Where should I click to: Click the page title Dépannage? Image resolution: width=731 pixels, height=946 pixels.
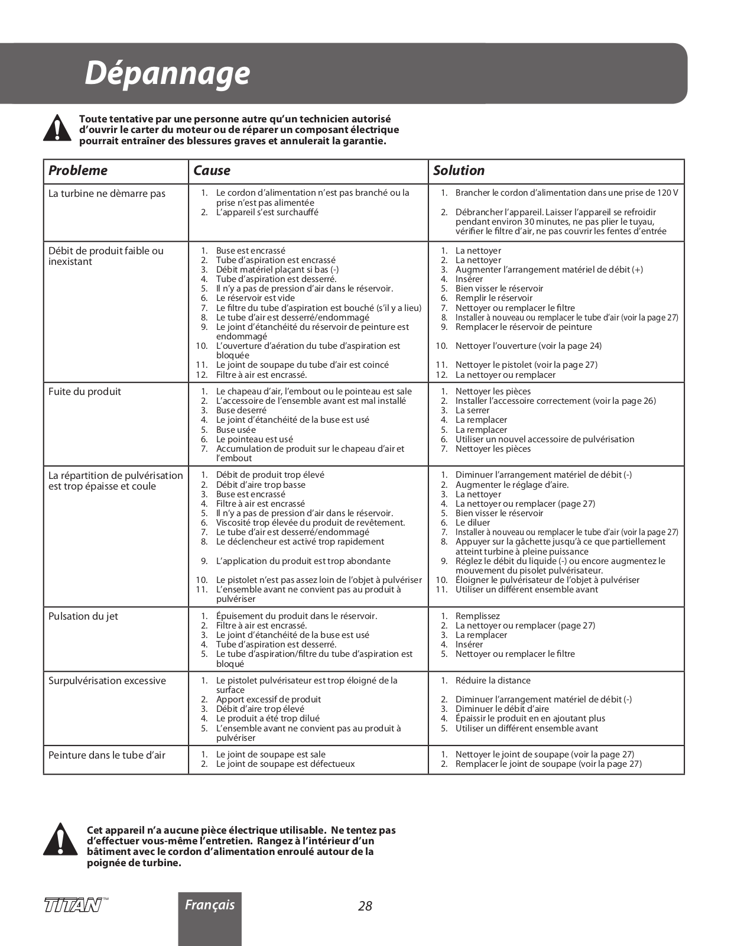(x=167, y=74)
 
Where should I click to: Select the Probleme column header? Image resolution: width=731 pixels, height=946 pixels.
(x=78, y=171)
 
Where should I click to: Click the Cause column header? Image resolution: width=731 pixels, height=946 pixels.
(x=212, y=171)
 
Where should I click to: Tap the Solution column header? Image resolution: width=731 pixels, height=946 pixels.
(x=459, y=171)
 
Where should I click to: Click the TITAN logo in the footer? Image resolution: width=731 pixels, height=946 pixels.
(x=73, y=905)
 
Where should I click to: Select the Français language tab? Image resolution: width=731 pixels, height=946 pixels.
(x=210, y=905)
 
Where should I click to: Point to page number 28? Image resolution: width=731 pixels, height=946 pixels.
(x=365, y=906)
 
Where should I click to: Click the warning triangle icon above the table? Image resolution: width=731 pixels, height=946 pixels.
(x=57, y=128)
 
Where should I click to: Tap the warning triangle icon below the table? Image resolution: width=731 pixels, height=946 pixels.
(x=60, y=840)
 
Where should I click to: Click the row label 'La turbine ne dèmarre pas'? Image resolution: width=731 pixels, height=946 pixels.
(x=107, y=194)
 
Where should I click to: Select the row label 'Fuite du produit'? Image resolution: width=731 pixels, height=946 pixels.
(x=85, y=391)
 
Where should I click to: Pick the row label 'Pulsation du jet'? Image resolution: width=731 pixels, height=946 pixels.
(x=83, y=616)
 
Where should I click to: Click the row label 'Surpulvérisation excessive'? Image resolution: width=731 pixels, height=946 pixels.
(x=107, y=681)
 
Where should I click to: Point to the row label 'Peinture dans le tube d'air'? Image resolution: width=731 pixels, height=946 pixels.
(x=107, y=755)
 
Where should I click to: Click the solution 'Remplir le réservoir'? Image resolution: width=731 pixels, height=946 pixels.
(x=493, y=298)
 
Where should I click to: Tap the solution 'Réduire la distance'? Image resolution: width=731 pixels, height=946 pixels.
(x=493, y=681)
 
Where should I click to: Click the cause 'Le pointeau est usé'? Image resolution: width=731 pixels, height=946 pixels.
(x=254, y=439)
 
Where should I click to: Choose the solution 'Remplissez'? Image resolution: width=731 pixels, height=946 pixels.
(x=477, y=616)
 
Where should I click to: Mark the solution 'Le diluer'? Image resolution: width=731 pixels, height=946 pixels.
(x=473, y=523)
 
